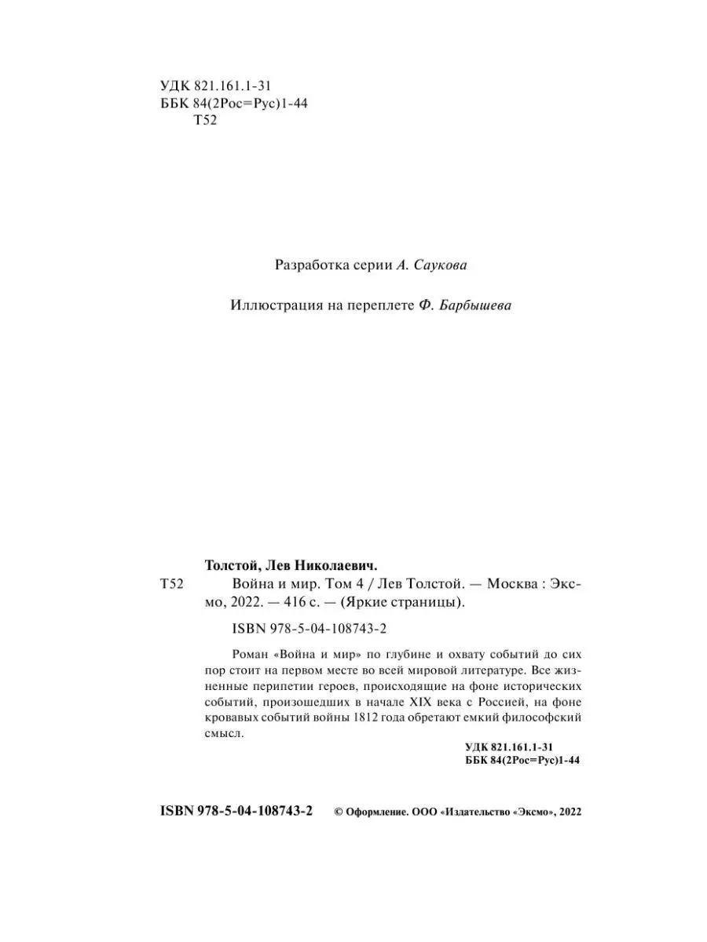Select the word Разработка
[308, 265]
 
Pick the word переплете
[378, 306]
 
